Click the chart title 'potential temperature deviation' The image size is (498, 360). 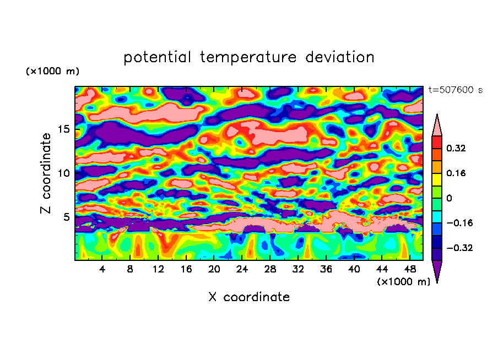point(249,57)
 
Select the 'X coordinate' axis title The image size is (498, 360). point(249,297)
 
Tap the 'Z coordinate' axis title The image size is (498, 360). point(46,173)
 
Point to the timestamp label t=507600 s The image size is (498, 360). point(455,90)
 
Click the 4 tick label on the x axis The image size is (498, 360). point(102,269)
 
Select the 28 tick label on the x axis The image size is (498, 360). point(270,269)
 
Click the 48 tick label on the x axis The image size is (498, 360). point(409,269)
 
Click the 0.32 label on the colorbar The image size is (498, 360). point(456,148)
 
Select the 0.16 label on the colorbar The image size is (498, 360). point(456,173)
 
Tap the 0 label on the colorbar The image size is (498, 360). point(449,198)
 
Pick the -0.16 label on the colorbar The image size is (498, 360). point(458,223)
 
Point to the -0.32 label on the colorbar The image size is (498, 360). point(458,248)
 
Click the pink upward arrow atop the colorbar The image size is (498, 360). point(437,125)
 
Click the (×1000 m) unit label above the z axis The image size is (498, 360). point(52,72)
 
